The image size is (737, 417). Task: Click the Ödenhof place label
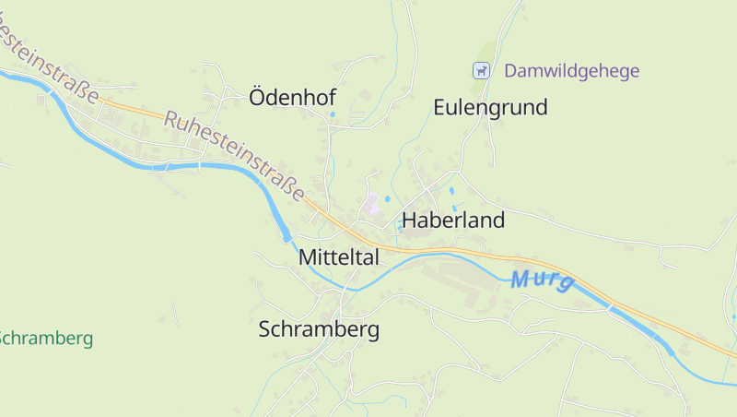coord(292,98)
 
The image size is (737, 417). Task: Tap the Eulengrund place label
coord(490,107)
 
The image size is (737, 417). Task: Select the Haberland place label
coord(453,220)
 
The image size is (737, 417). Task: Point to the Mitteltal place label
coord(338,258)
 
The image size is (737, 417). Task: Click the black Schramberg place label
coord(319,329)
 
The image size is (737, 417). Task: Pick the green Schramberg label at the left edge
coord(46,339)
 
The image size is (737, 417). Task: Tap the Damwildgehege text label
coord(571,71)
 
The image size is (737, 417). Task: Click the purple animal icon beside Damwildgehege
coord(480,70)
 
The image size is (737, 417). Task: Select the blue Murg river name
coord(543,280)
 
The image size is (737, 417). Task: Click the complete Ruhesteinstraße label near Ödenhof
coord(235,156)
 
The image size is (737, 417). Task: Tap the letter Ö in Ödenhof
coord(258,97)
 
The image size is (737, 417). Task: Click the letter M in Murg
coord(521,277)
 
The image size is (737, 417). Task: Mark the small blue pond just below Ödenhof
coord(333,114)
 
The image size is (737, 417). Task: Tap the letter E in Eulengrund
coord(439,107)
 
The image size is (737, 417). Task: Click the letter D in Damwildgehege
coord(510,71)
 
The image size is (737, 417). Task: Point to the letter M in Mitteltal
coord(308,258)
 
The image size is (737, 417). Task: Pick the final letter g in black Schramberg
coord(372,332)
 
